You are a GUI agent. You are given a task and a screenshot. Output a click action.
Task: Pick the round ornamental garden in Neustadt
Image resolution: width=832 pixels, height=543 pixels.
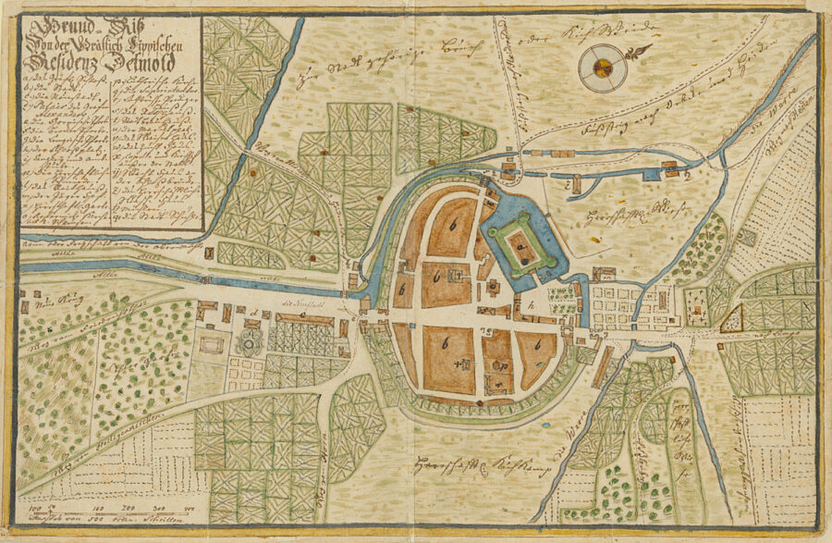coord(251,343)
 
